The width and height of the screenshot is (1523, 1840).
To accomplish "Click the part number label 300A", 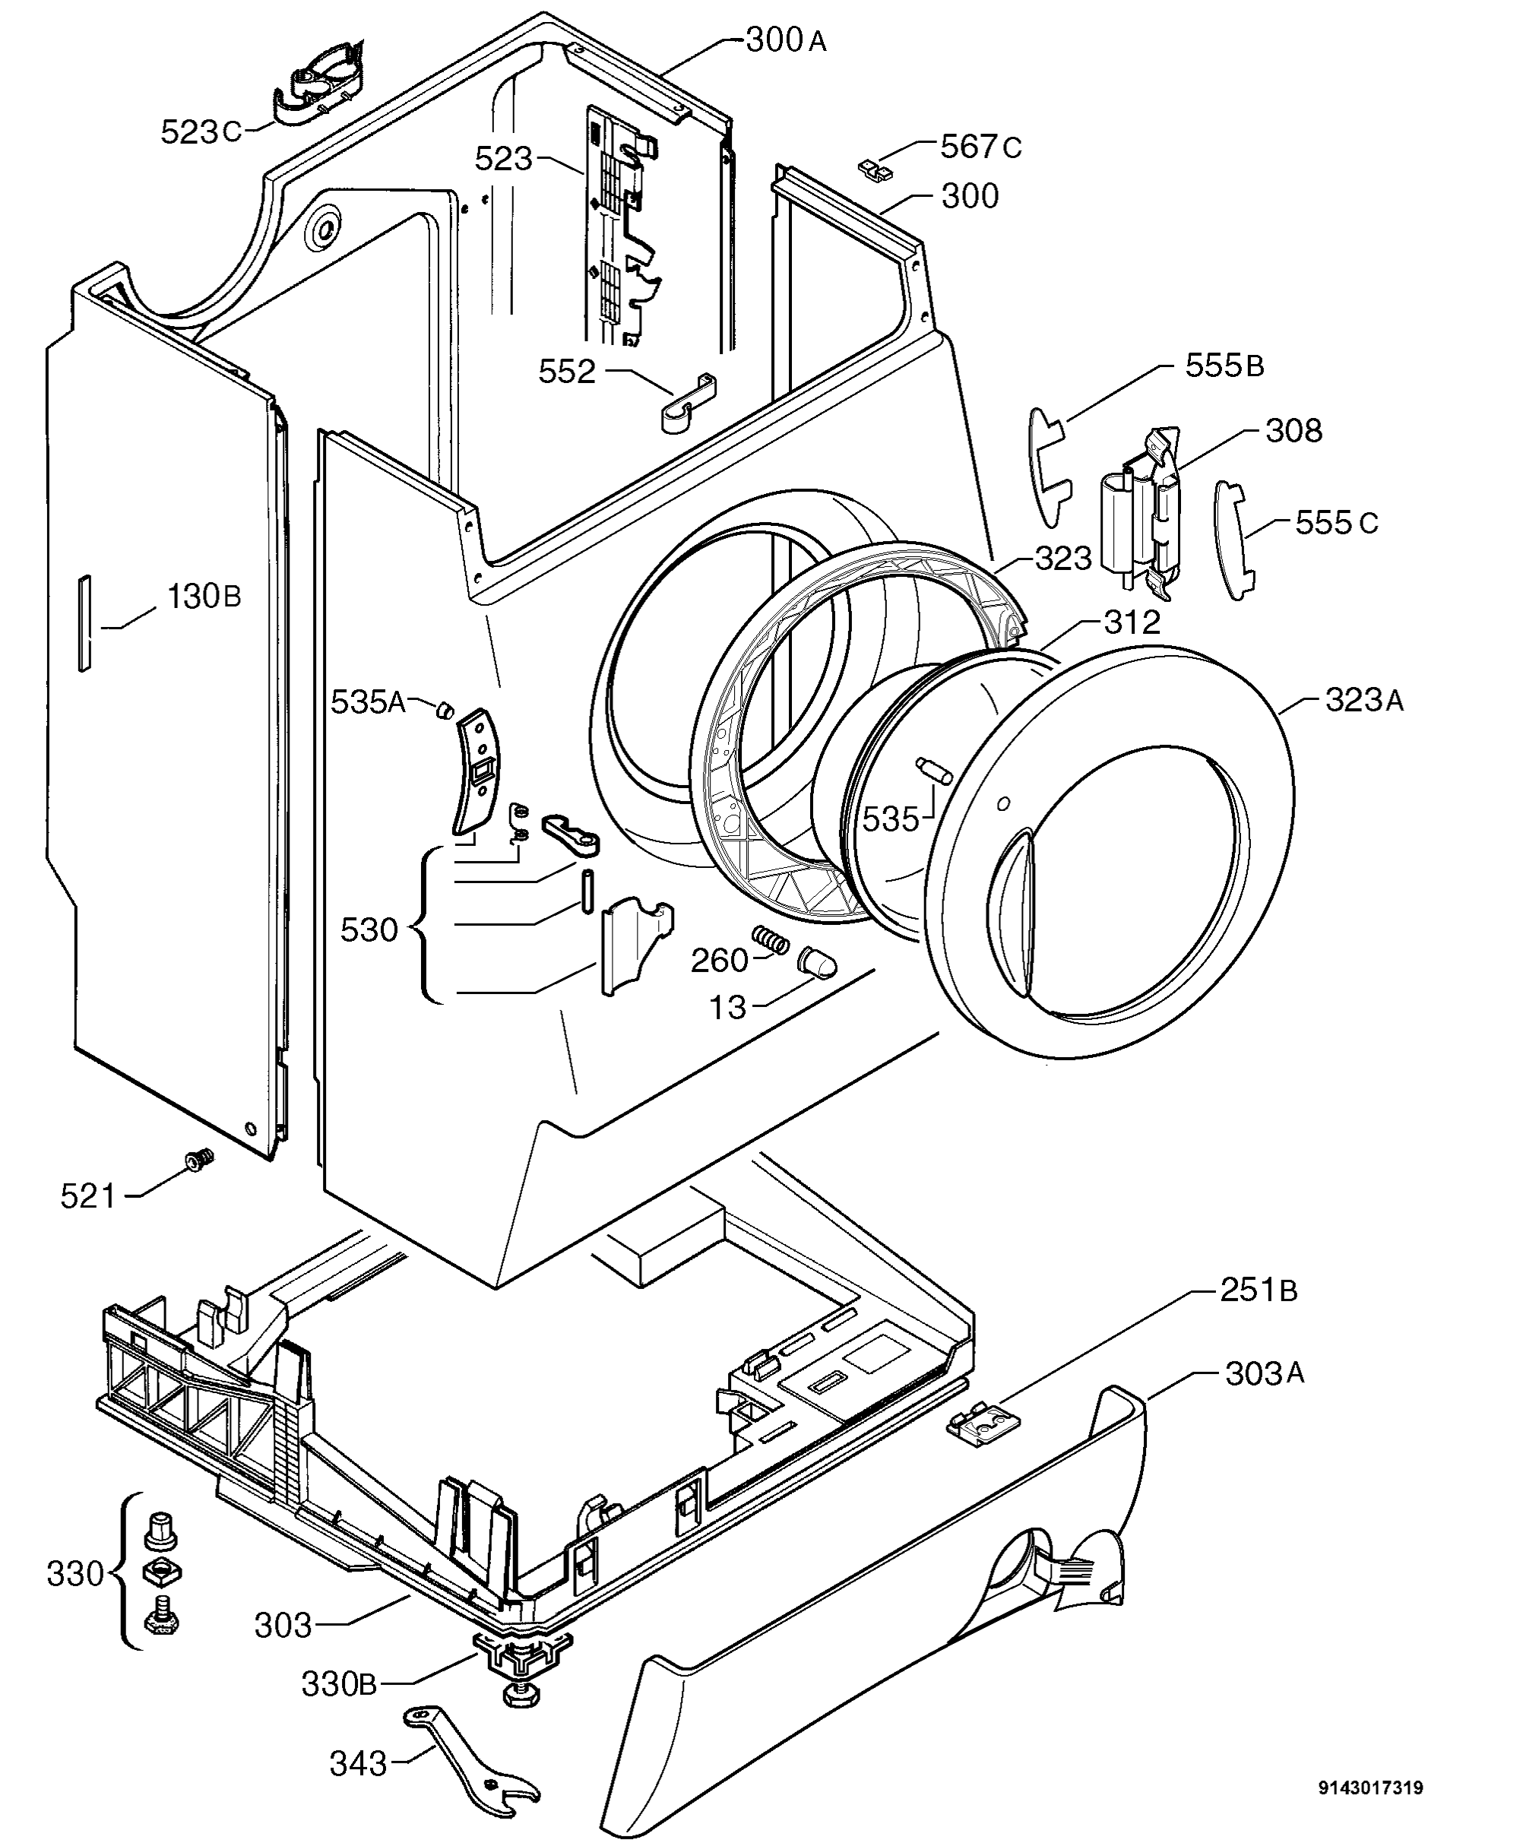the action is (785, 40).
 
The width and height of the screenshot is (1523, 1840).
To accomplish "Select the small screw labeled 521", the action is (200, 1159).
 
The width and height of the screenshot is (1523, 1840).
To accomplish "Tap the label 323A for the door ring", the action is (1363, 700).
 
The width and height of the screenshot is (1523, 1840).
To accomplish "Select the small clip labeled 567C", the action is (875, 167).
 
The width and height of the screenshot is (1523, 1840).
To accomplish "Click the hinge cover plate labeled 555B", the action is (1050, 466).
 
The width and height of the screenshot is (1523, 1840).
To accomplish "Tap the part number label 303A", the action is (1265, 1374).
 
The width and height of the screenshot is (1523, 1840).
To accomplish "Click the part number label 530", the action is (369, 930).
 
